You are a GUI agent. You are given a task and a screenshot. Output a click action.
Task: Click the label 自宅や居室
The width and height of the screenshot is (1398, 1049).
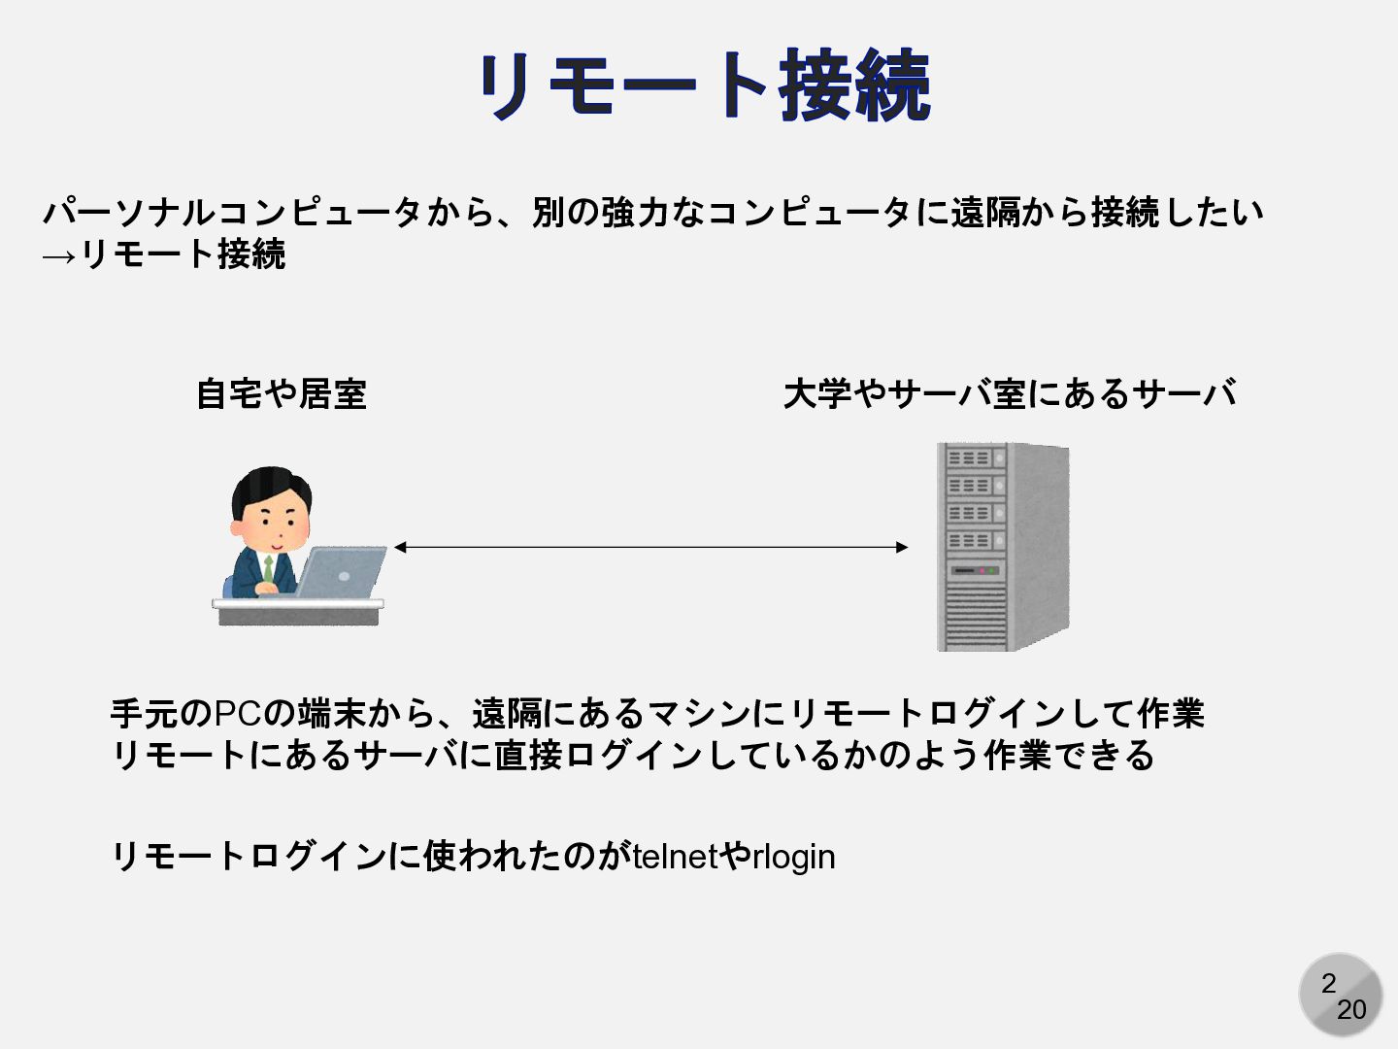click(x=281, y=393)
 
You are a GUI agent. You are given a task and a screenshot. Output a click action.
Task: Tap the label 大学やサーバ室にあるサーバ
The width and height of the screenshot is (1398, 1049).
click(x=1009, y=393)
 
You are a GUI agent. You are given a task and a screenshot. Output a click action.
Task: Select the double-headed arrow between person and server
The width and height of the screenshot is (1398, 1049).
click(x=650, y=548)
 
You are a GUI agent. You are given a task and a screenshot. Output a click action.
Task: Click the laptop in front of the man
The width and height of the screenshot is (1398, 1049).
click(x=342, y=573)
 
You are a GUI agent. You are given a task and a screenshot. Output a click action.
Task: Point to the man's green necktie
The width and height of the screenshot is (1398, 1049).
click(x=269, y=569)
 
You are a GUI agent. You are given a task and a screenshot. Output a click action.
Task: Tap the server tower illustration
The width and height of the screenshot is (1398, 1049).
click(x=1001, y=547)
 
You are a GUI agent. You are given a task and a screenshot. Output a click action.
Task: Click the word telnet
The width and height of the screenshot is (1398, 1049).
click(x=674, y=857)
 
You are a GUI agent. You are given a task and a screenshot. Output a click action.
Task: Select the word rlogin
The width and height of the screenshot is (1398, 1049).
click(x=794, y=857)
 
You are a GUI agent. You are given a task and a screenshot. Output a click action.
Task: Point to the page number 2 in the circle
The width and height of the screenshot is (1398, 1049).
click(x=1328, y=983)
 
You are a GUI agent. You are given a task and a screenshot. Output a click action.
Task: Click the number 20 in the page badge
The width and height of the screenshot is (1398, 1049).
click(x=1351, y=1010)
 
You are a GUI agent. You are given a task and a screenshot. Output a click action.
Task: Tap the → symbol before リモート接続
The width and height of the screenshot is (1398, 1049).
click(x=58, y=255)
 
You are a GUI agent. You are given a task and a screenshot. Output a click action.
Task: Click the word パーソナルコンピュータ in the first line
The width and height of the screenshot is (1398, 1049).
click(x=233, y=212)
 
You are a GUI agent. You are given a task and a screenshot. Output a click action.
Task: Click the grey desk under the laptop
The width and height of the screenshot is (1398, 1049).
click(x=298, y=612)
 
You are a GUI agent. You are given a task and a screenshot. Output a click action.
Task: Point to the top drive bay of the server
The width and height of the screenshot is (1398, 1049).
click(x=969, y=457)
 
